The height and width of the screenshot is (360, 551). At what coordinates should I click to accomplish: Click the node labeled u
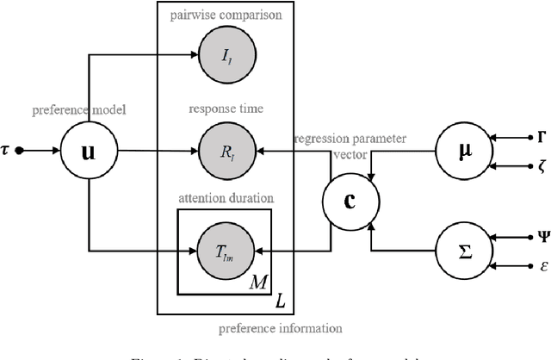coord(89,151)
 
